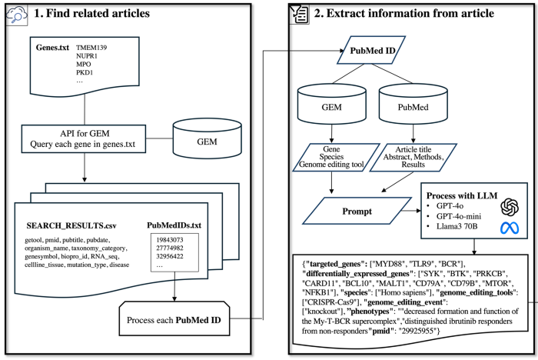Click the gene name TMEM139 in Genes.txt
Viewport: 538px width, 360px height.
[x=91, y=48]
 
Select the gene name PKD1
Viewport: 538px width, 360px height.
[x=85, y=72]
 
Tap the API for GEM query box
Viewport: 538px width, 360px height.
[x=83, y=138]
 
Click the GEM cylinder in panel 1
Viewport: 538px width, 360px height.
[x=207, y=138]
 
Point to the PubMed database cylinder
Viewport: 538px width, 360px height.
[x=413, y=104]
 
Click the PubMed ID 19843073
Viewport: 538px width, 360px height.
[x=170, y=240]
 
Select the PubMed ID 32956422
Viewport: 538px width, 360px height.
[x=170, y=256]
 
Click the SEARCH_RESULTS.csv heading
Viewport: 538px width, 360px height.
[x=71, y=225]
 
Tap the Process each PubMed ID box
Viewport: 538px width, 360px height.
[x=174, y=318]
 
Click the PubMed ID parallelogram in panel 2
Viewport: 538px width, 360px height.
[x=371, y=50]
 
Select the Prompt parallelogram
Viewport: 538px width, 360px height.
[x=357, y=211]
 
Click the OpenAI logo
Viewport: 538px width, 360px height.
[x=510, y=207]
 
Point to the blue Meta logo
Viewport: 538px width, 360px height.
[x=510, y=228]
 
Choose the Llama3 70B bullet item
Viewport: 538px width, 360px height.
[x=457, y=226]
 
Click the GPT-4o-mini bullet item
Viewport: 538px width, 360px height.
[x=458, y=216]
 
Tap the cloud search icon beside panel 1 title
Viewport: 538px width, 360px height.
[x=16, y=15]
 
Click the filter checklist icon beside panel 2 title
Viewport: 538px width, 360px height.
[x=299, y=14]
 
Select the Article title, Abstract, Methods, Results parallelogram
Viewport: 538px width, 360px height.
[x=413, y=158]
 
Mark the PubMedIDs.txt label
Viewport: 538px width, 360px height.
[x=174, y=225]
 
